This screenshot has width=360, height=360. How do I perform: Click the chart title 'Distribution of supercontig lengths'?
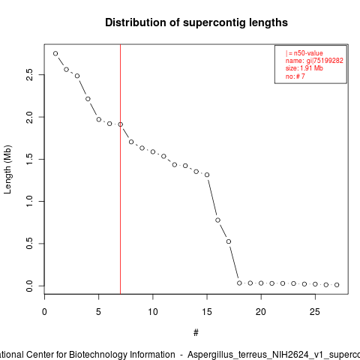(196, 22)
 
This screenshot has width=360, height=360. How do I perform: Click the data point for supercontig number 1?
(55, 53)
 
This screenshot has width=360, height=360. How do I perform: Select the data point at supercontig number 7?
(120, 124)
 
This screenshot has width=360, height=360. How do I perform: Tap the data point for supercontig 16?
(217, 220)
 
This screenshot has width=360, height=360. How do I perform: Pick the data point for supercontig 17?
(229, 241)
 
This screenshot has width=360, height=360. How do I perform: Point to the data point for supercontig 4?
(88, 99)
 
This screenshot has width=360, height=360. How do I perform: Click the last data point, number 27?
(337, 285)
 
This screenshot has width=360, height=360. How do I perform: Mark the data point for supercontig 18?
(239, 283)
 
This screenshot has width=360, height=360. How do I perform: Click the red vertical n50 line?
(120, 169)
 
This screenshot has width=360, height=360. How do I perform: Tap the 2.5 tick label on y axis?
(29, 74)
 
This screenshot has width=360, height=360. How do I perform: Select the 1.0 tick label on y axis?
(29, 201)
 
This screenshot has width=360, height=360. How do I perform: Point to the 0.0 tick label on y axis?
(29, 286)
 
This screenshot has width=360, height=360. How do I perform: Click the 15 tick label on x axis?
(207, 312)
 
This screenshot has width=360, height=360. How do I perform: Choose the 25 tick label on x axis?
(315, 312)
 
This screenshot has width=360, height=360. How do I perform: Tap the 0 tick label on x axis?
(44, 312)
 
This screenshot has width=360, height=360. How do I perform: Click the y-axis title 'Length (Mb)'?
(7, 169)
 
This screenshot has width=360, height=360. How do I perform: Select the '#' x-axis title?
(196, 333)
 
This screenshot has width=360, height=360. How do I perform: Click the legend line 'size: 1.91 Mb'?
(304, 68)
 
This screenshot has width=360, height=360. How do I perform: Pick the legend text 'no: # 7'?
(295, 76)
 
